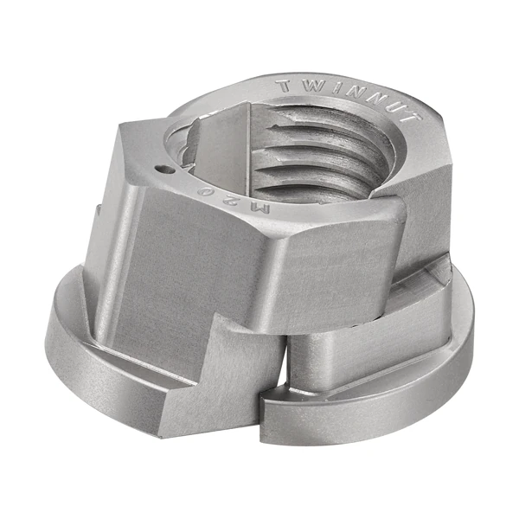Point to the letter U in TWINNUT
click(x=400, y=107)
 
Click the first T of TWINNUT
click(x=286, y=86)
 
